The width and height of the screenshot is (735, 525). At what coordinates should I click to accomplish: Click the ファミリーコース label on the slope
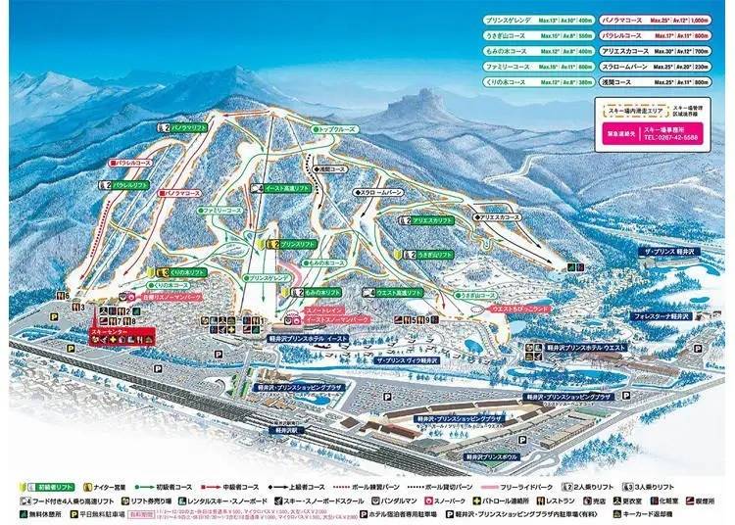222,210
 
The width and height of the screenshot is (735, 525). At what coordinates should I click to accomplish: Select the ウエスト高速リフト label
399,292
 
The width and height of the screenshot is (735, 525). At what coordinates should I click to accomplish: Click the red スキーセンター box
122,336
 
